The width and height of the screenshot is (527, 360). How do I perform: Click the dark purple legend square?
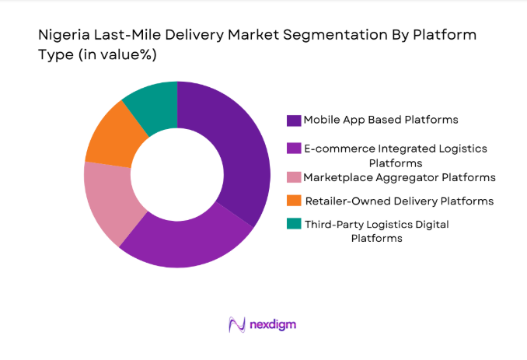(294, 121)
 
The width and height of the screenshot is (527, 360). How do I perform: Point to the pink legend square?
(294, 178)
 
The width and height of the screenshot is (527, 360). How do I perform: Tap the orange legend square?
(294, 201)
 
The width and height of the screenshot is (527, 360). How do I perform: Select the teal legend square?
(294, 225)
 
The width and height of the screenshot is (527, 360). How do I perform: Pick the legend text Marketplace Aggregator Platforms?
(400, 177)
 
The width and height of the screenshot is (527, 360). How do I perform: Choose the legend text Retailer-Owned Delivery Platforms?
(399, 201)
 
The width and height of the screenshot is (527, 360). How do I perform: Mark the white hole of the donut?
(176, 175)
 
